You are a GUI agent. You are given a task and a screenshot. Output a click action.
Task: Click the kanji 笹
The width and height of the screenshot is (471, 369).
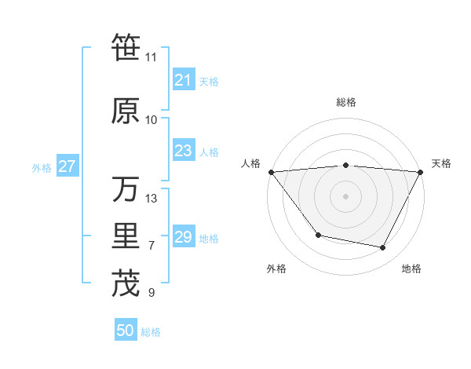126,49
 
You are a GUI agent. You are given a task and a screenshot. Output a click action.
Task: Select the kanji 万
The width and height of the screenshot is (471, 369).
126,189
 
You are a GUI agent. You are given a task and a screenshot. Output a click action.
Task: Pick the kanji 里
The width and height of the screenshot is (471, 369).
126,238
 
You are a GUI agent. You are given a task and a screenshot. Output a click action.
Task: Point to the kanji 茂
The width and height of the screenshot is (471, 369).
126,283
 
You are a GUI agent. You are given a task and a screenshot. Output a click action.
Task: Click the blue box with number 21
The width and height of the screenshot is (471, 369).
183,80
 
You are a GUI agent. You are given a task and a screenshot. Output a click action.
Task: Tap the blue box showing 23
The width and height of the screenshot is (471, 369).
183,151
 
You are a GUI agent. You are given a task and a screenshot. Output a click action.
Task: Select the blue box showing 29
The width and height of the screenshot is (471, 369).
183,237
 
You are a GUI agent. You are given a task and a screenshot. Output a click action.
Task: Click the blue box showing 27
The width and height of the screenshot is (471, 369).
67,166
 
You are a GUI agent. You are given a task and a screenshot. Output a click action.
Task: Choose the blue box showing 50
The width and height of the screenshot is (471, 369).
126,331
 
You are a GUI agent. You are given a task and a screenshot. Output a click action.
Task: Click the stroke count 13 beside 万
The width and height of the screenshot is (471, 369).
152,198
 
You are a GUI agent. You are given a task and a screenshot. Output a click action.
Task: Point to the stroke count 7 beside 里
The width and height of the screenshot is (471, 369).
152,246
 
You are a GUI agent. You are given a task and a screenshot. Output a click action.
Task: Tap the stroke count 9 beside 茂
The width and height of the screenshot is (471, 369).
152,293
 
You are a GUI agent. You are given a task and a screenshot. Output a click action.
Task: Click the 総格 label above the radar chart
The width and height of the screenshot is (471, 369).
345,102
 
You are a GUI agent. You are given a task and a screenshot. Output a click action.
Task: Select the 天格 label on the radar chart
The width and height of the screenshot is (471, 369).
442,163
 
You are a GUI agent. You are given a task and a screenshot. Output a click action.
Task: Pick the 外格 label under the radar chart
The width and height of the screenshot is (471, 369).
276,269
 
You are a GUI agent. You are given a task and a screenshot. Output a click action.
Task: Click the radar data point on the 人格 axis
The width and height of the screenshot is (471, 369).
271,171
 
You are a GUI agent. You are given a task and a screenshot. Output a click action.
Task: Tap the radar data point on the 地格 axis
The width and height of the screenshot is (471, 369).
383,248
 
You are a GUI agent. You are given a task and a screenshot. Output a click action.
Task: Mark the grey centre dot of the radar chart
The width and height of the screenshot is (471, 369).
345,195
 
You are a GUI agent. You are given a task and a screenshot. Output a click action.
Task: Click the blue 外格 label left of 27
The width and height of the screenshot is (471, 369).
42,167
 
